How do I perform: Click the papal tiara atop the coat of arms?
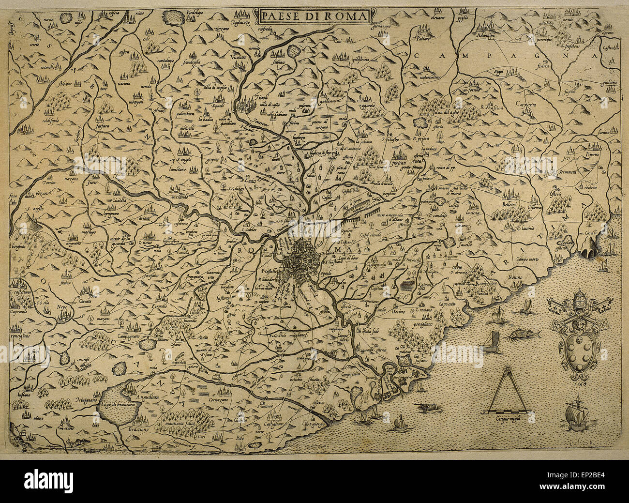coord(576,300)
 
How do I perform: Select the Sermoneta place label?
coord(561,172)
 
